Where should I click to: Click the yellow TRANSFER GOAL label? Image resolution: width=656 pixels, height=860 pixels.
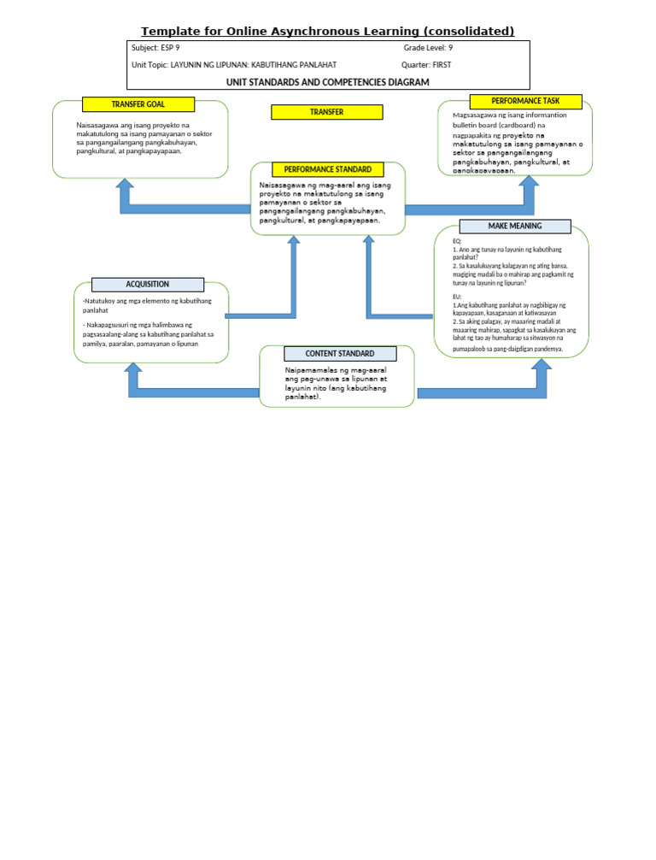138,104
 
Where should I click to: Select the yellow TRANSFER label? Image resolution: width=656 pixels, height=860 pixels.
326,112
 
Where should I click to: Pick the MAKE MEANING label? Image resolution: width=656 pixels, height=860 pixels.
514,226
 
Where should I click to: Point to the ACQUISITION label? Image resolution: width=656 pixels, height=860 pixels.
147,285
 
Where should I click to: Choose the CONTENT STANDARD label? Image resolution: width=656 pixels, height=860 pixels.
340,353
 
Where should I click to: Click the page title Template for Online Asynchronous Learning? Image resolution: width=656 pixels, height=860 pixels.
327,31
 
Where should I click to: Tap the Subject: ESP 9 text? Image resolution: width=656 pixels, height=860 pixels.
155,49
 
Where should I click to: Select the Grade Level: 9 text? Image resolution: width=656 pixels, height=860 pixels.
428,49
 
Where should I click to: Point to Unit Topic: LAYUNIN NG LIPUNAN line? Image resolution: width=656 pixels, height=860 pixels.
233,65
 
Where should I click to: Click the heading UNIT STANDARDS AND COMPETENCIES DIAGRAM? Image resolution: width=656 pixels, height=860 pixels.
327,82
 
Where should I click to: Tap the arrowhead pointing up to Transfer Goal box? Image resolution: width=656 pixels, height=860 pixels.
125,185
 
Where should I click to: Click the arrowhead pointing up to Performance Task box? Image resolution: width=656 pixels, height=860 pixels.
529,182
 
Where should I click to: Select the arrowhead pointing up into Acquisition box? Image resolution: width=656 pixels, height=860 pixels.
133,369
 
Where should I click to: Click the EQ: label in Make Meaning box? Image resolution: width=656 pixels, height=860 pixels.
457,241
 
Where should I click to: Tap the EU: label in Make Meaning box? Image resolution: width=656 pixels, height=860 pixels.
457,297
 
